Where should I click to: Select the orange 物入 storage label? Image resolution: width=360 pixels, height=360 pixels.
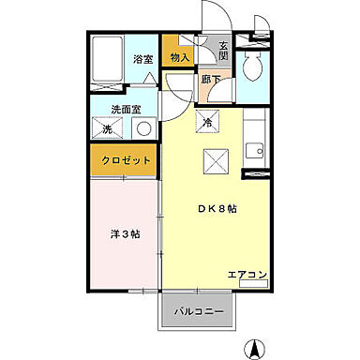click(180, 58)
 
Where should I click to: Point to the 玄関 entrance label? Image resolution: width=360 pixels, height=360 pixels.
click(224, 51)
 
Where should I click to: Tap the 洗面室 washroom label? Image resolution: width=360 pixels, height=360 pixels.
click(125, 110)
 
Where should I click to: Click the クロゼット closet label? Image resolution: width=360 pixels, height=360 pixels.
click(126, 160)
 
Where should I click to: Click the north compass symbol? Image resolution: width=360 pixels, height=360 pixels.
click(252, 350)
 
